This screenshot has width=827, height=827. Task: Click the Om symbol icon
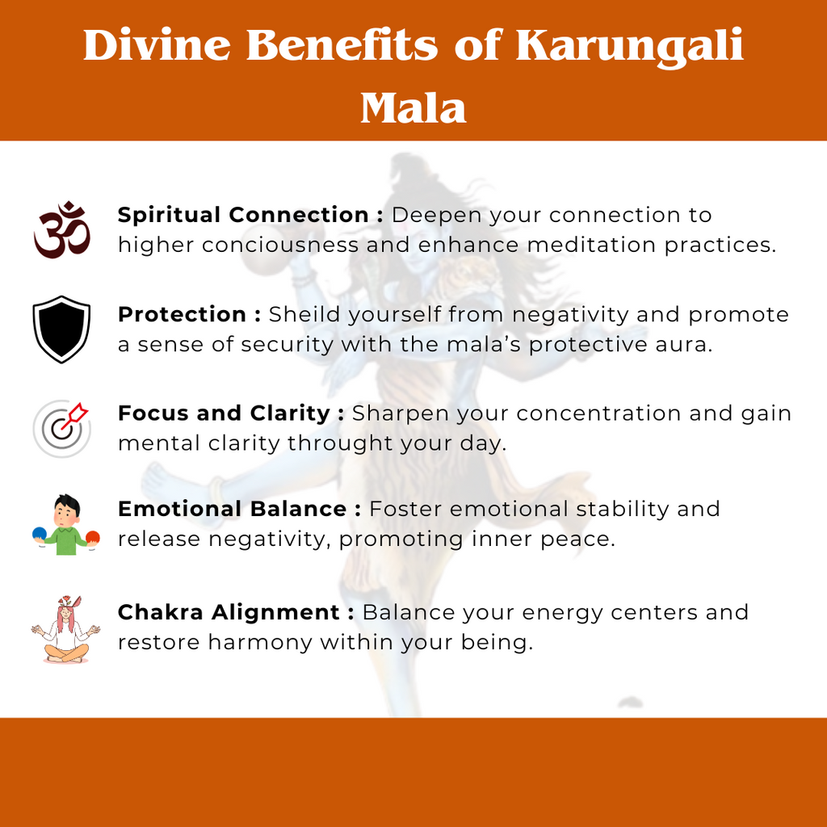62,230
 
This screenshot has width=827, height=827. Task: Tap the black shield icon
61,329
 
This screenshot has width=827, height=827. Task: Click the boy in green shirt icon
66,525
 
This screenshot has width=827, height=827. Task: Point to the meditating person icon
65,629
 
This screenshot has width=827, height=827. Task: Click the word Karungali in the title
629,46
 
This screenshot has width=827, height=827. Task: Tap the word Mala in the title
413,107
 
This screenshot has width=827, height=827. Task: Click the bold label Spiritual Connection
243,215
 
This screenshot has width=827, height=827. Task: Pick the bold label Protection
182,314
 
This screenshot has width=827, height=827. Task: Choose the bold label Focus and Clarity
224,413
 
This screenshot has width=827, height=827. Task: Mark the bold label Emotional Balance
233,509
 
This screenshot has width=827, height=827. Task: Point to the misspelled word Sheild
303,314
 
